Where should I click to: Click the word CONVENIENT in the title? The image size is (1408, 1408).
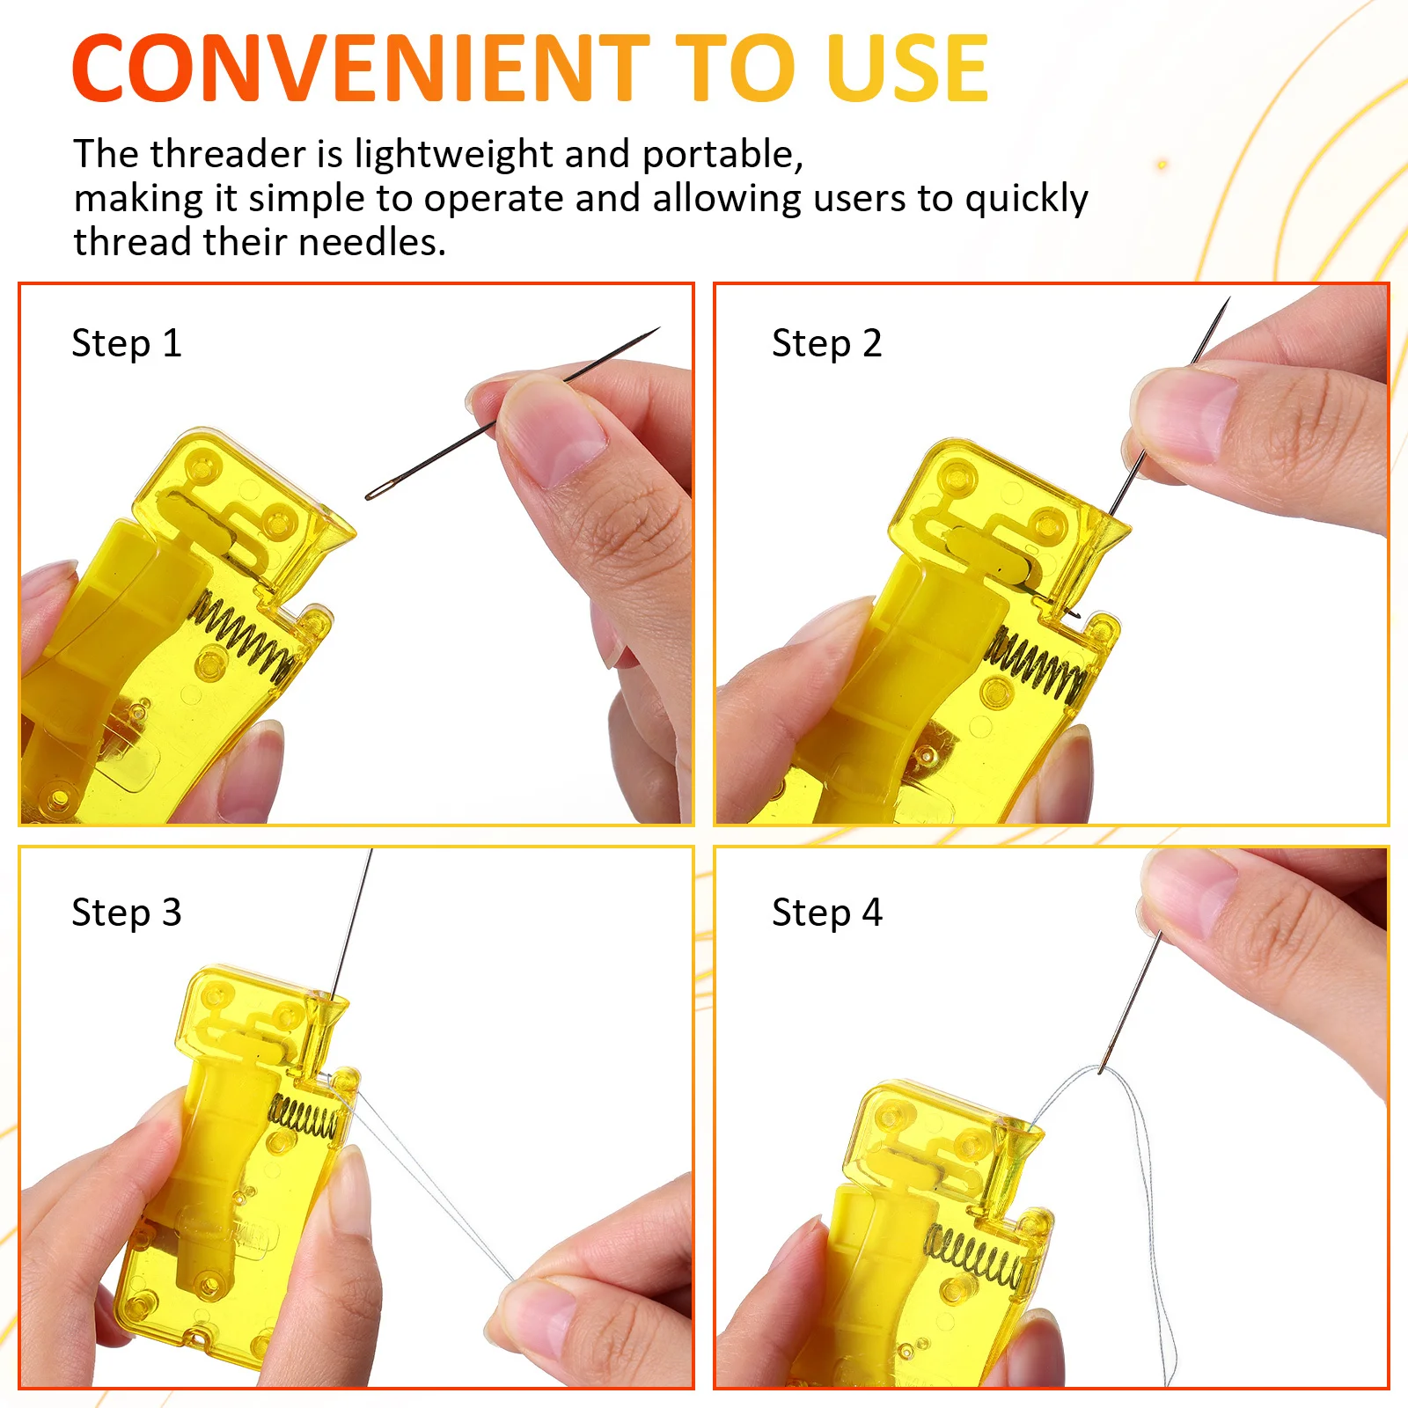(361, 69)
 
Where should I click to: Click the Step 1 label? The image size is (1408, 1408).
(126, 343)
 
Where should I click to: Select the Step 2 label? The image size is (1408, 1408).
(826, 343)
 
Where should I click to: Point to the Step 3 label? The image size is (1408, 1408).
(126, 913)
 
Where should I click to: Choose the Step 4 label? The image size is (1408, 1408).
(826, 913)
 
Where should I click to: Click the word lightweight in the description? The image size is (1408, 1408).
(454, 155)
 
